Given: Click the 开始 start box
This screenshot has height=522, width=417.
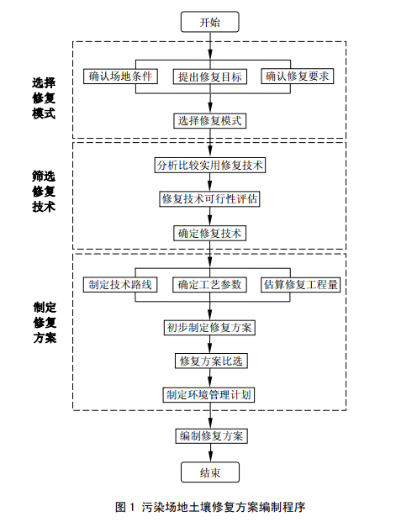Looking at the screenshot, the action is (210, 22).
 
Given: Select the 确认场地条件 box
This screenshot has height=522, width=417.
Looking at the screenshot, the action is (120, 76).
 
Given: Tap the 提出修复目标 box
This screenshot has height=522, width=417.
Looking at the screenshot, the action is (210, 76).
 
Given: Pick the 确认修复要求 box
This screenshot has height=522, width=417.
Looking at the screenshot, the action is (297, 76).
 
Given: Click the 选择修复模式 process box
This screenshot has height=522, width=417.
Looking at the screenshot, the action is (210, 121).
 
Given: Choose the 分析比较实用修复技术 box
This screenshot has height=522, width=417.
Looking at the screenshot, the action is (210, 165).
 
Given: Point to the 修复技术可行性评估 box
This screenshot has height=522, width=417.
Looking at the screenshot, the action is (209, 199).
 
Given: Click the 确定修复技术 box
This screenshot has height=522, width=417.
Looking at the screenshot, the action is (210, 233).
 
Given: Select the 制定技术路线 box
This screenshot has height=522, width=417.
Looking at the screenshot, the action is (120, 285).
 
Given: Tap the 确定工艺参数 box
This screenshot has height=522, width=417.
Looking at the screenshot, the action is (209, 285).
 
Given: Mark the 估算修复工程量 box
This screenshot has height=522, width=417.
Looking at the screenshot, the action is (300, 285).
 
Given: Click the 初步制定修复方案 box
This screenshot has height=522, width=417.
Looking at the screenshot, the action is (209, 328).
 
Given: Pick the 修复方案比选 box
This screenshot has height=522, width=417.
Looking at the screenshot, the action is (211, 361).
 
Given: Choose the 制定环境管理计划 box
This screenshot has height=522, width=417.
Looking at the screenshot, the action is (208, 395).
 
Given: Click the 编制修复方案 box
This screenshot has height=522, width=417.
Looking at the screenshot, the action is (212, 435).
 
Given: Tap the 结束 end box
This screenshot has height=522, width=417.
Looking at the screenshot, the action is (210, 472).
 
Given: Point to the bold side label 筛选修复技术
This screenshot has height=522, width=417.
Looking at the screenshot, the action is (44, 191).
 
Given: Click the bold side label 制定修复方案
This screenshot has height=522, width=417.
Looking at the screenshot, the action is (45, 322).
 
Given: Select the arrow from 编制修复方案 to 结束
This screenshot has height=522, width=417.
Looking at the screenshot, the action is (210, 453).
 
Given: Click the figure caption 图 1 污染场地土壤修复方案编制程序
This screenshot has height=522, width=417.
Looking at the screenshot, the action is (210, 507).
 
